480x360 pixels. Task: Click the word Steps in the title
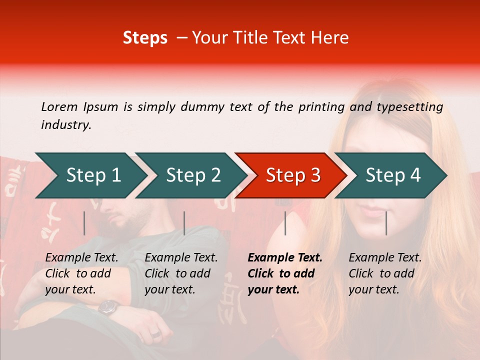(x=145, y=38)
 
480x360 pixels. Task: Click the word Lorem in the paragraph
(x=59, y=106)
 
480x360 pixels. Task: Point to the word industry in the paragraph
(x=65, y=125)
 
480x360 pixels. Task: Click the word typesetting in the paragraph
(x=409, y=107)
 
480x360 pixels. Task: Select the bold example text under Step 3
(x=284, y=273)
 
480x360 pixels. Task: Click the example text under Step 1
(x=81, y=273)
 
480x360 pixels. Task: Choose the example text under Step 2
(x=181, y=273)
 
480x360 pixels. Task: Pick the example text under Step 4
(x=384, y=273)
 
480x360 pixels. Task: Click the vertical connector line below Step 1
(x=84, y=223)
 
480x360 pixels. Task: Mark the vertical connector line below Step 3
(x=285, y=223)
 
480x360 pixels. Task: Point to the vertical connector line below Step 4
(x=386, y=223)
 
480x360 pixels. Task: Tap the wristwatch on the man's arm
(x=108, y=306)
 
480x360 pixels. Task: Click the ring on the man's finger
(x=156, y=333)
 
